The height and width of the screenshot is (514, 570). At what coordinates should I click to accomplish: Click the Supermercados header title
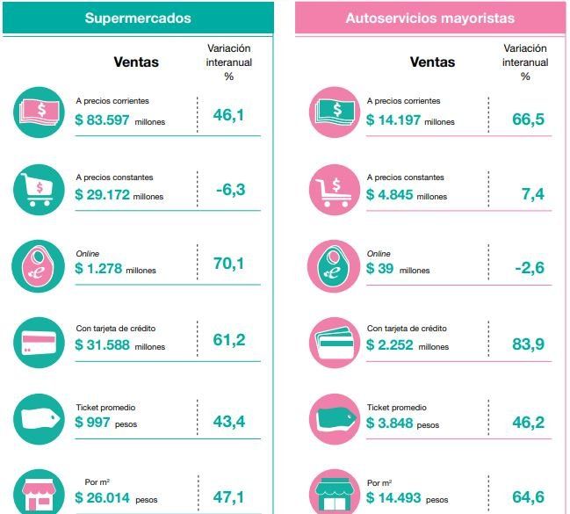pos(137,18)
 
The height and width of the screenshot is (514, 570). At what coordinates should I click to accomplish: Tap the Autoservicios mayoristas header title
pos(429,18)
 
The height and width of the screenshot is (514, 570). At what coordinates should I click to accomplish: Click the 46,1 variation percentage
pos(228,113)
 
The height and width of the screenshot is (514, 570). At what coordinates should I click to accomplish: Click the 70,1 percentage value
pos(228,262)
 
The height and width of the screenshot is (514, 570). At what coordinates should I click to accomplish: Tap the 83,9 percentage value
pos(528,343)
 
